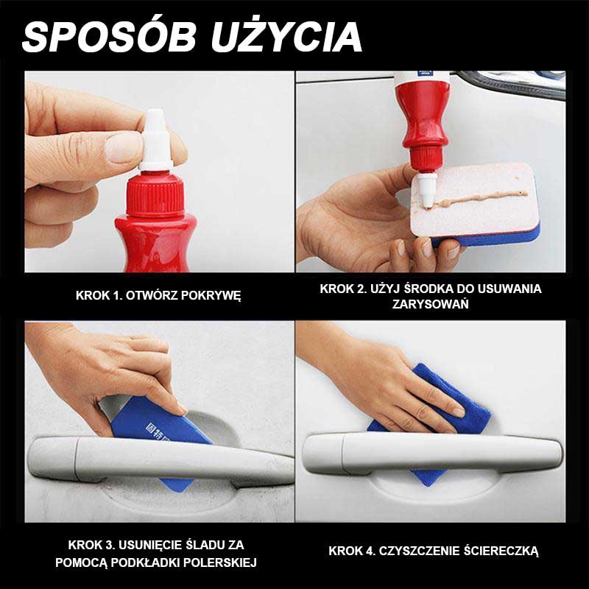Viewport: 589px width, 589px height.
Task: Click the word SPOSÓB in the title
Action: click(109, 38)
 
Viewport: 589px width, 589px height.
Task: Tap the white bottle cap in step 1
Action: click(155, 139)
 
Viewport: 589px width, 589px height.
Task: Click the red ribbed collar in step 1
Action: click(155, 196)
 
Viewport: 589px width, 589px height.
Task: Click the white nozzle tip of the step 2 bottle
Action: click(427, 191)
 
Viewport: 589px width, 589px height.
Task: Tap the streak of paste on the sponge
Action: click(482, 198)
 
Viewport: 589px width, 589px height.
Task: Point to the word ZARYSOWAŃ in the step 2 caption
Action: click(431, 304)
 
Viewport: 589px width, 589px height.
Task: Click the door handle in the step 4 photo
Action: click(432, 454)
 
